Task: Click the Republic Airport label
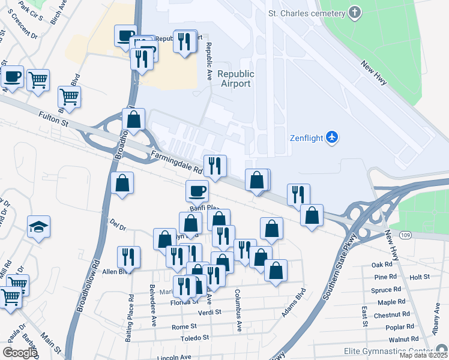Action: [236, 79]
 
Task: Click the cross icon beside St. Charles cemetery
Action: [355, 13]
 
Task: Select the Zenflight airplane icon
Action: [332, 137]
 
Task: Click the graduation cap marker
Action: [38, 227]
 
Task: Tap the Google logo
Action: [19, 353]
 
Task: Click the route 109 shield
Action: [388, 239]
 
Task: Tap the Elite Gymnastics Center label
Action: [388, 351]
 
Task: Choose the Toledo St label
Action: [195, 338]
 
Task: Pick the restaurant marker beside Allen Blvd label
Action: [128, 257]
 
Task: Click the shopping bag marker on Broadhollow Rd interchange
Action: [134, 119]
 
